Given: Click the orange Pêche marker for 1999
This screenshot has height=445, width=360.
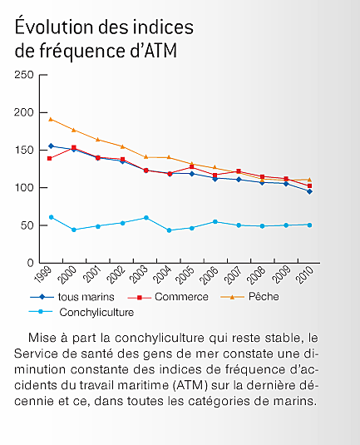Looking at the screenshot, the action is coord(51,119).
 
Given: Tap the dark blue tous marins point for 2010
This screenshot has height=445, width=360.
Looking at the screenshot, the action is coord(309,191).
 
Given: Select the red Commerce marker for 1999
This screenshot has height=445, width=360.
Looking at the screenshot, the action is coord(49,158).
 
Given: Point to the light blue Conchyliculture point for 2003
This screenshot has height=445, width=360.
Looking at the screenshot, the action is coord(146,218).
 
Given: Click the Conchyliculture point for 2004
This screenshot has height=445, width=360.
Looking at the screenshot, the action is coord(170,230).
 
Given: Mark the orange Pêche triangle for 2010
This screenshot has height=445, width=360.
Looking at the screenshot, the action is coord(309,180).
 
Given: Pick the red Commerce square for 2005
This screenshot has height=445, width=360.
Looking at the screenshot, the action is coord(192,167).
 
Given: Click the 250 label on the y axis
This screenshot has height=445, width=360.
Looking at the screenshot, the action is coord(24,75).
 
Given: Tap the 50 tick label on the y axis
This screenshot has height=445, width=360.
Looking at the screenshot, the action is coord(27,225).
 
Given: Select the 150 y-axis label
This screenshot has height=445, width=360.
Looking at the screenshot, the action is coord(24,150).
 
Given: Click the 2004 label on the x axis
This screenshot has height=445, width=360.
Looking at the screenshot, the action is coord(162,274).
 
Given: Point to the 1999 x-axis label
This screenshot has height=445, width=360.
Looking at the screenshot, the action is coord(43,274).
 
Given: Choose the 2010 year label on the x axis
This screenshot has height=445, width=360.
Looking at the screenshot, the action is coord(304,274).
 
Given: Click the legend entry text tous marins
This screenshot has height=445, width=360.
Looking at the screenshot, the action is coord(86,297).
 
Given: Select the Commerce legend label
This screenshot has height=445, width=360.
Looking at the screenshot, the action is coord(181,297).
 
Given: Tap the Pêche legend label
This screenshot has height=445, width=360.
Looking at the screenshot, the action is coord(264,296).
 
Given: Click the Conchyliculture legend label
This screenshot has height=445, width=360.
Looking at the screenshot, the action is coord(96,312).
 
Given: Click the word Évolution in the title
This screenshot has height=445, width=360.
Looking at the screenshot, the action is coord(54,26).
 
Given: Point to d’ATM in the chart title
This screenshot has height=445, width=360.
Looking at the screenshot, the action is coord(154,50).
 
